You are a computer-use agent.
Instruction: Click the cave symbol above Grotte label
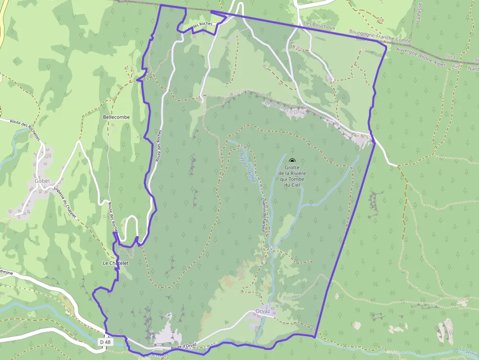292,161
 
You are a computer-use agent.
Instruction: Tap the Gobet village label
43,181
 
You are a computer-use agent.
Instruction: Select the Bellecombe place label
117,118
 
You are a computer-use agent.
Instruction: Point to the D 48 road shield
105,342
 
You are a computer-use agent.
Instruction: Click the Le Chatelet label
115,263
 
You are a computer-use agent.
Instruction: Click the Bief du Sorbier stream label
247,168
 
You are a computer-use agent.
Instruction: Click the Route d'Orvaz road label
183,346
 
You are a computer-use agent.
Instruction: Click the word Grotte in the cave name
292,168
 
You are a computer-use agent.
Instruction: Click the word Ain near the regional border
457,65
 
